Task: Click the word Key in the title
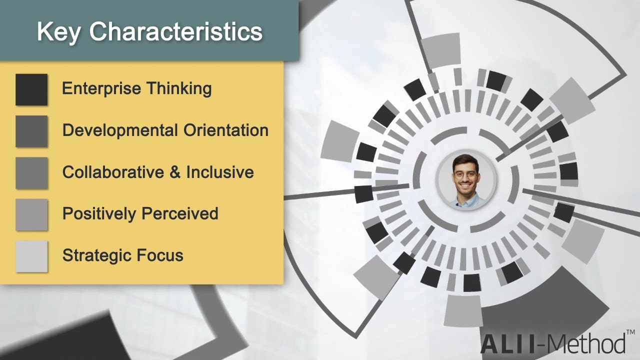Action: click(59, 32)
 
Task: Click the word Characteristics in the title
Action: click(176, 32)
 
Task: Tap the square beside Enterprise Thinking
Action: click(31, 89)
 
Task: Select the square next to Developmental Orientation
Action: click(31, 131)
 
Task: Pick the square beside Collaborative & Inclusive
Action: click(31, 173)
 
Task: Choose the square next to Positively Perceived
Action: click(31, 214)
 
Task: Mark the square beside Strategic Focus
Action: click(31, 256)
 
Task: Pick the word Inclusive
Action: click(220, 172)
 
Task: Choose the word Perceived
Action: click(180, 214)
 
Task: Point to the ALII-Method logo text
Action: click(552, 344)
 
